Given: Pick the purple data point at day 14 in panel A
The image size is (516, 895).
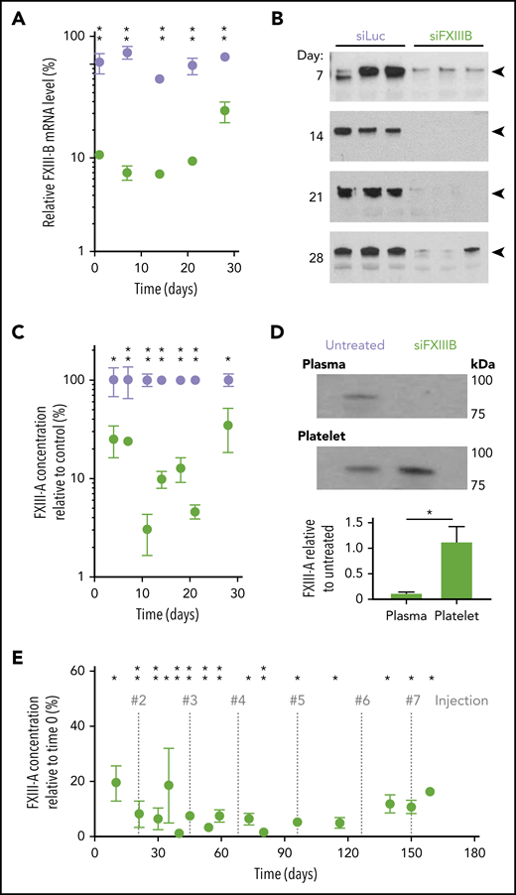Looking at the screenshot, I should [160, 79].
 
